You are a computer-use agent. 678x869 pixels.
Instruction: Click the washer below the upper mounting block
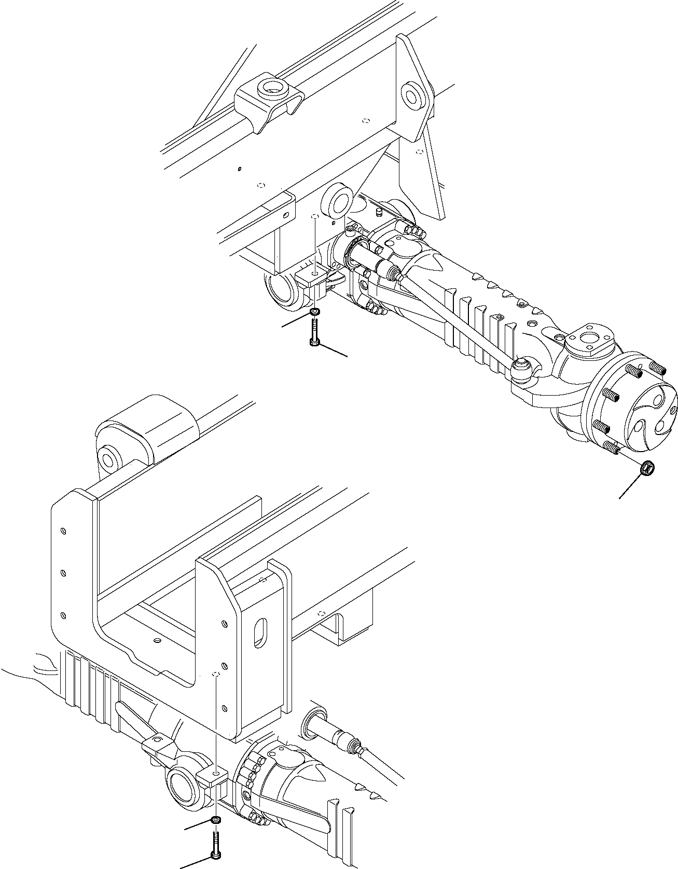click(314, 312)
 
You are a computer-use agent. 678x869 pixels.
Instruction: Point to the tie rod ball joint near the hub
click(522, 366)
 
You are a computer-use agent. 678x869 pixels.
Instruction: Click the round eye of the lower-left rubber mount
click(108, 459)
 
